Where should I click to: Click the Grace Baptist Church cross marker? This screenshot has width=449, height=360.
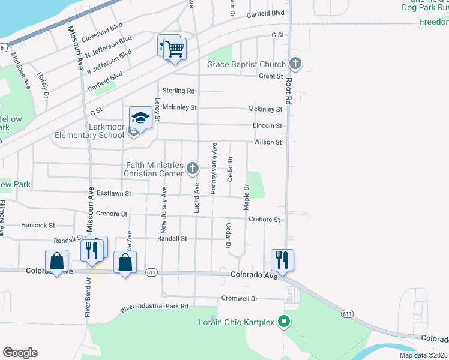pyautogui.click(x=295, y=63)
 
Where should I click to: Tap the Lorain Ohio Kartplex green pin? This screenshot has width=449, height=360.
pyautogui.click(x=285, y=322)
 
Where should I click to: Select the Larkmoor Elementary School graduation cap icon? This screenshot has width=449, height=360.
pyautogui.click(x=140, y=118)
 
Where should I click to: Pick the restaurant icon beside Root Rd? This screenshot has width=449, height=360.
pyautogui.click(x=282, y=260)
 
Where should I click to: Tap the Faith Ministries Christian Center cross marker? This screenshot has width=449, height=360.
pyautogui.click(x=193, y=169)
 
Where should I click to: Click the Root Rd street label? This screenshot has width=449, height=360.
pyautogui.click(x=288, y=92)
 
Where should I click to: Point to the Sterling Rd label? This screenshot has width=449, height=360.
pyautogui.click(x=182, y=91)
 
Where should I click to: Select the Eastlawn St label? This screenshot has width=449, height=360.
pyautogui.click(x=113, y=194)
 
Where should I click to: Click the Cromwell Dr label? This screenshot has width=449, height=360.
pyautogui.click(x=239, y=298)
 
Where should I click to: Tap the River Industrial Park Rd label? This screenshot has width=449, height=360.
pyautogui.click(x=154, y=307)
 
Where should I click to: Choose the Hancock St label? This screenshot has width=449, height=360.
pyautogui.click(x=38, y=226)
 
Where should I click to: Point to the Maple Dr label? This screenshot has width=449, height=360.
pyautogui.click(x=246, y=197)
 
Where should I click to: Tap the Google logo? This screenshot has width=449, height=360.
pyautogui.click(x=20, y=353)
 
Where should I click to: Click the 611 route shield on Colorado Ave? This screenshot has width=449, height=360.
pyautogui.click(x=151, y=272)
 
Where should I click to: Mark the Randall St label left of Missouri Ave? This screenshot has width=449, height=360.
pyautogui.click(x=67, y=239)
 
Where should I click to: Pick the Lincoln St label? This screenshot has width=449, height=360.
pyautogui.click(x=267, y=125)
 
